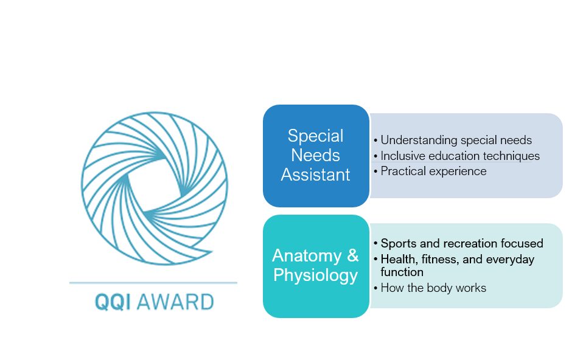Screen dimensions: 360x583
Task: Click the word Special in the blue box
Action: click(x=315, y=136)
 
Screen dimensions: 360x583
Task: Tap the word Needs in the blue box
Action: click(x=315, y=155)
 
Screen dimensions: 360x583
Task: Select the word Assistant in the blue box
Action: click(x=315, y=175)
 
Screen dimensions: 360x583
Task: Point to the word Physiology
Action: click(x=315, y=275)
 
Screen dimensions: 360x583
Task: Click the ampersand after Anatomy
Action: click(x=352, y=255)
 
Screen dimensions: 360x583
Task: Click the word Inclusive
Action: click(x=403, y=156)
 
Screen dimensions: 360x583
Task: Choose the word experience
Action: click(x=457, y=171)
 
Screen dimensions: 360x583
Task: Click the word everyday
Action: click(x=509, y=260)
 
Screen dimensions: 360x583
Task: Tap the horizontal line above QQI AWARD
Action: click(x=153, y=283)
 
